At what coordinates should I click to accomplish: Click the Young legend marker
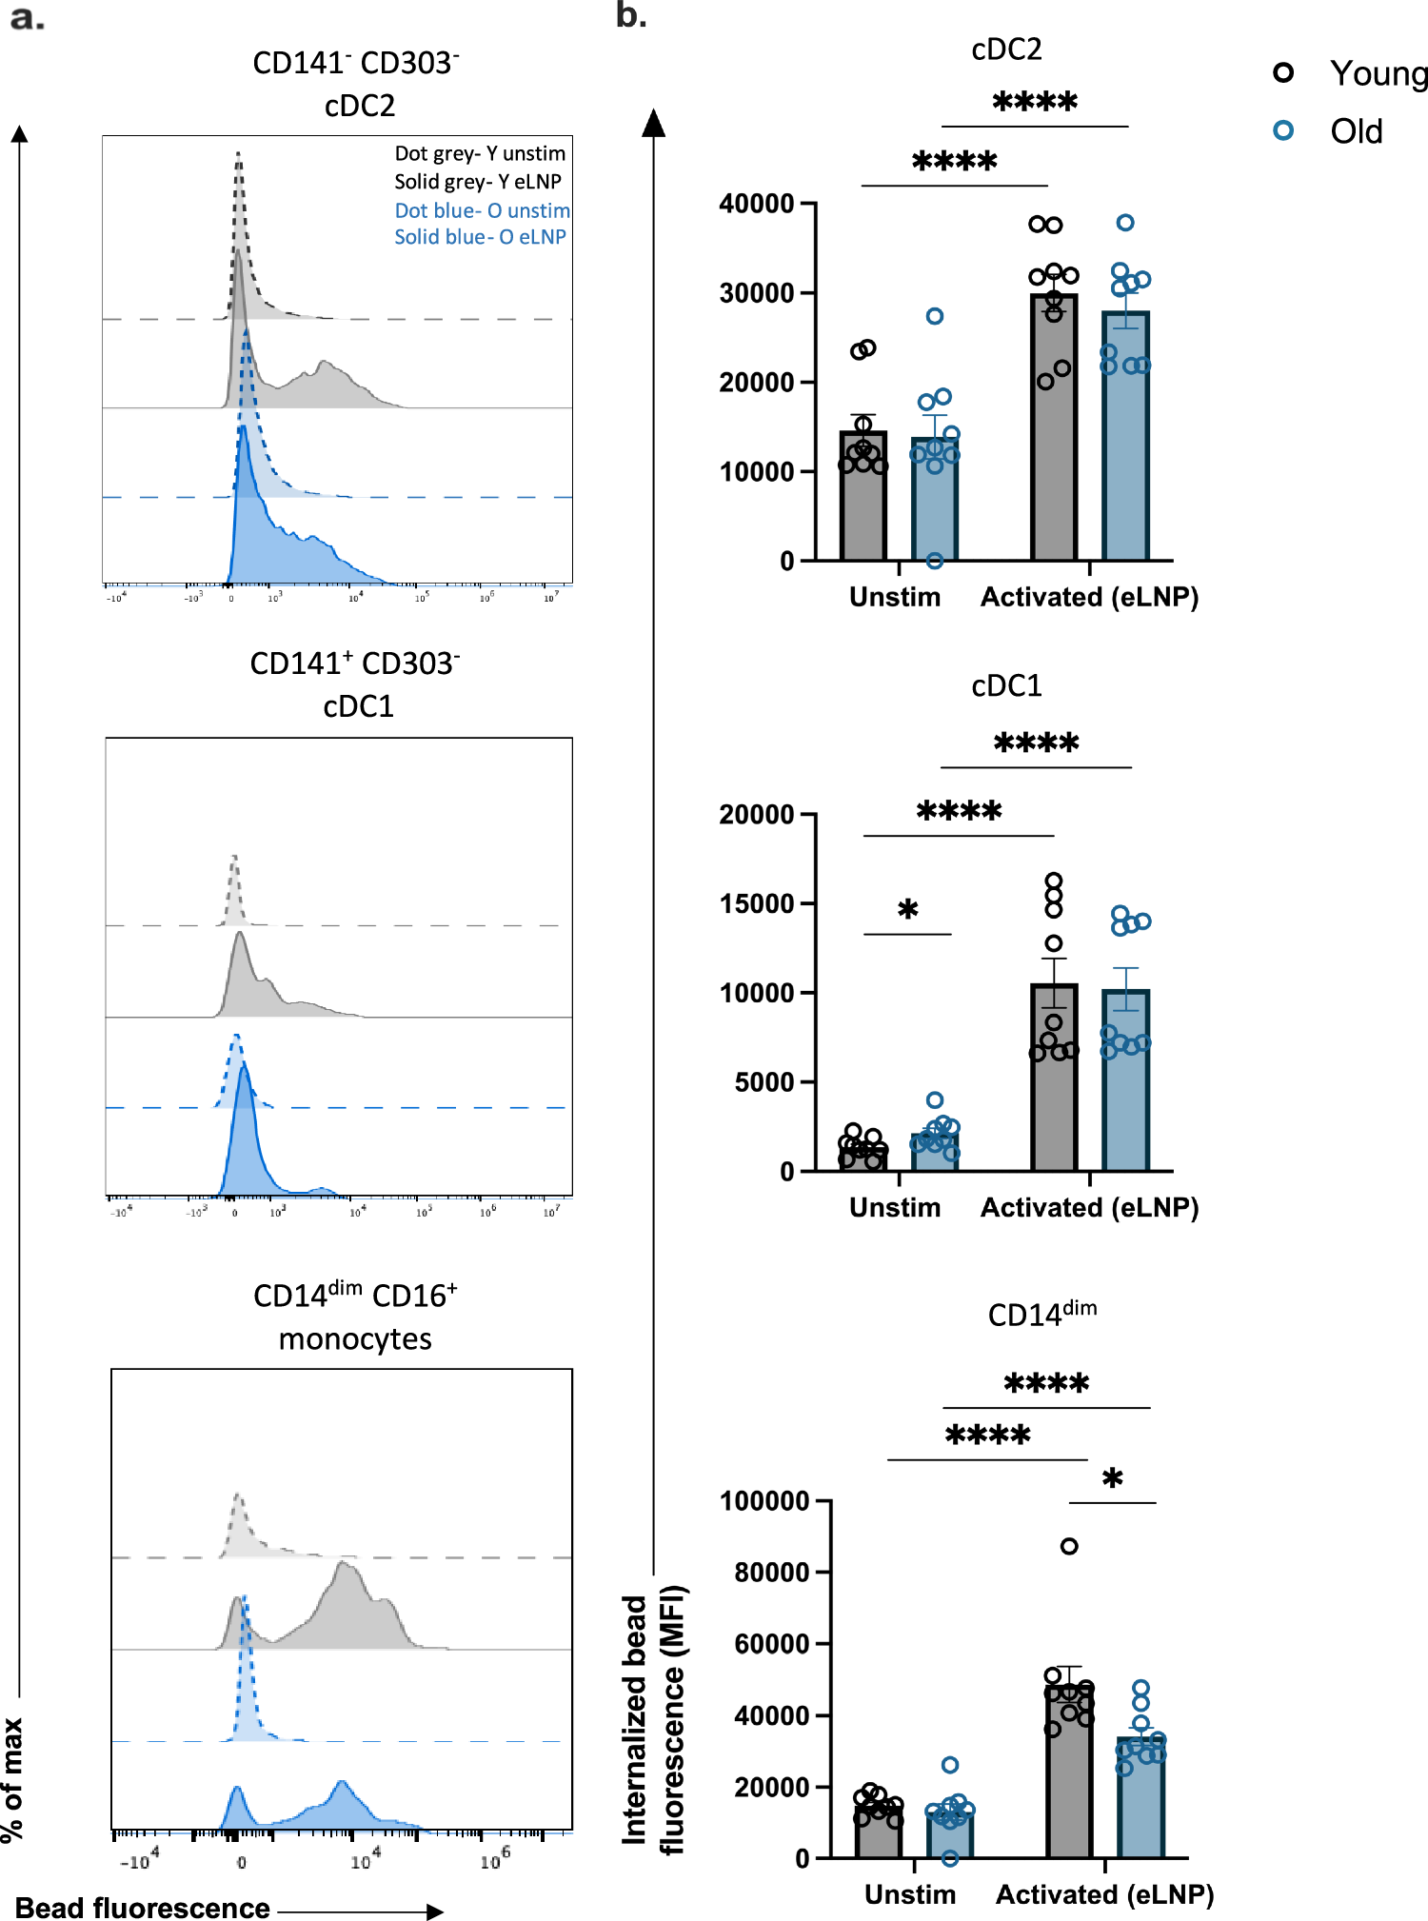point(1283,72)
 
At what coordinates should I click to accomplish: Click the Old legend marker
point(1283,130)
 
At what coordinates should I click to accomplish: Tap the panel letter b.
point(630,16)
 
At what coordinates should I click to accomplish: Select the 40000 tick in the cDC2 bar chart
point(757,204)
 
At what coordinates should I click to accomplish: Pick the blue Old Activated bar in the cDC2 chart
point(1125,438)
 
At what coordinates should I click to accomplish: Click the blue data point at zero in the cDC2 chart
point(935,561)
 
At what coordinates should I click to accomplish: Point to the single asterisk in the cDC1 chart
point(908,910)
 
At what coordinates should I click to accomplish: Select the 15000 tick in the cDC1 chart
point(757,903)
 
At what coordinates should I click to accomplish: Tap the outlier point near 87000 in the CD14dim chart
point(1069,1546)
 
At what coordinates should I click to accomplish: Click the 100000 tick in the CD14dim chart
point(764,1501)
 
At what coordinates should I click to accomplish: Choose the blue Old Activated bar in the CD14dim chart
point(1140,1799)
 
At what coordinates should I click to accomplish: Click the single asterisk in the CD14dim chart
point(1112,1479)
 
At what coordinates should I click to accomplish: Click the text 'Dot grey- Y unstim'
point(480,153)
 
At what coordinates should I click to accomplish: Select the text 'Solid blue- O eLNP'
point(480,236)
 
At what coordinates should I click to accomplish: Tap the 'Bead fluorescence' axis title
point(143,1908)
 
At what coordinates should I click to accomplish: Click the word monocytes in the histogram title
point(355,1338)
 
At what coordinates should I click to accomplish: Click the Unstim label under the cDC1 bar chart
point(895,1207)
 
